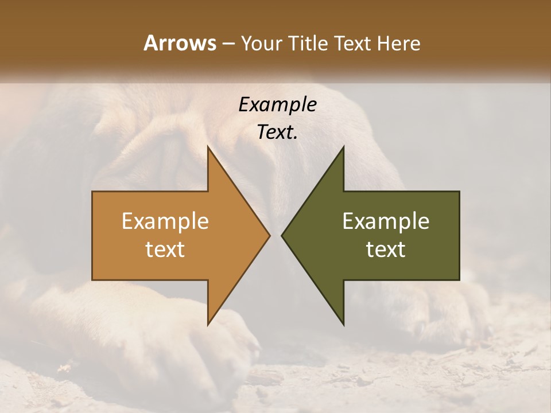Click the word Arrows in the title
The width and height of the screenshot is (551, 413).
pyautogui.click(x=180, y=43)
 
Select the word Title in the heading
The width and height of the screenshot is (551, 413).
pyautogui.click(x=310, y=43)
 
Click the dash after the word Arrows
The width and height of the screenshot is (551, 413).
pyautogui.click(x=227, y=44)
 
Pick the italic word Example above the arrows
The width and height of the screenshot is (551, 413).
pyautogui.click(x=277, y=104)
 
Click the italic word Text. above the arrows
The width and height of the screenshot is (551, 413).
pyautogui.click(x=277, y=132)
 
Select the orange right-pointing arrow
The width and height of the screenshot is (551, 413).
pyautogui.click(x=172, y=236)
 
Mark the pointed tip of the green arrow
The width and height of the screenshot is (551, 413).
pyautogui.click(x=282, y=236)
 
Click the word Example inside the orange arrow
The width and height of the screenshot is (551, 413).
pyautogui.click(x=165, y=221)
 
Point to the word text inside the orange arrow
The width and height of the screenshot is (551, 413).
pyautogui.click(x=165, y=250)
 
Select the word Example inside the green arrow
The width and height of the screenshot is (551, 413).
pyautogui.click(x=386, y=221)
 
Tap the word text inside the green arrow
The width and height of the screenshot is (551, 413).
pyautogui.click(x=386, y=250)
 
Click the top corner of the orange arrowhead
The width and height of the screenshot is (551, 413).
pyautogui.click(x=208, y=147)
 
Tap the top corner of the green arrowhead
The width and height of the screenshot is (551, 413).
pyautogui.click(x=344, y=147)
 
